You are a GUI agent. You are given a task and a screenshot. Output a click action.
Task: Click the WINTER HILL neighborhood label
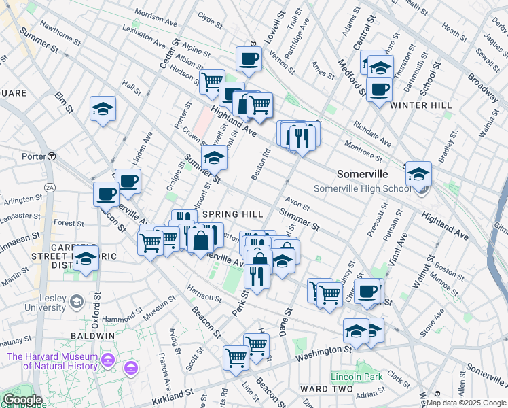coord(421,105)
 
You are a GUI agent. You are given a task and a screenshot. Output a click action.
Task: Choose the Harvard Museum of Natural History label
coord(52,361)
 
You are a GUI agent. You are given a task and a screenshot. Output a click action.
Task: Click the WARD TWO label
coord(327,389)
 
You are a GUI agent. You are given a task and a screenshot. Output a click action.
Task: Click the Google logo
coord(22,400)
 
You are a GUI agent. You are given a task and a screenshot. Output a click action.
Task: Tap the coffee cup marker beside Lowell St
coord(249,59)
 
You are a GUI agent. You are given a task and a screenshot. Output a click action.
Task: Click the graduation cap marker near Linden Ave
coord(103,109)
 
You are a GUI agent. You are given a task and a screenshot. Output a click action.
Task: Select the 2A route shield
coord(49,186)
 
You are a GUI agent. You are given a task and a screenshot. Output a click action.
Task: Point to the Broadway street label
coord(483,88)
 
